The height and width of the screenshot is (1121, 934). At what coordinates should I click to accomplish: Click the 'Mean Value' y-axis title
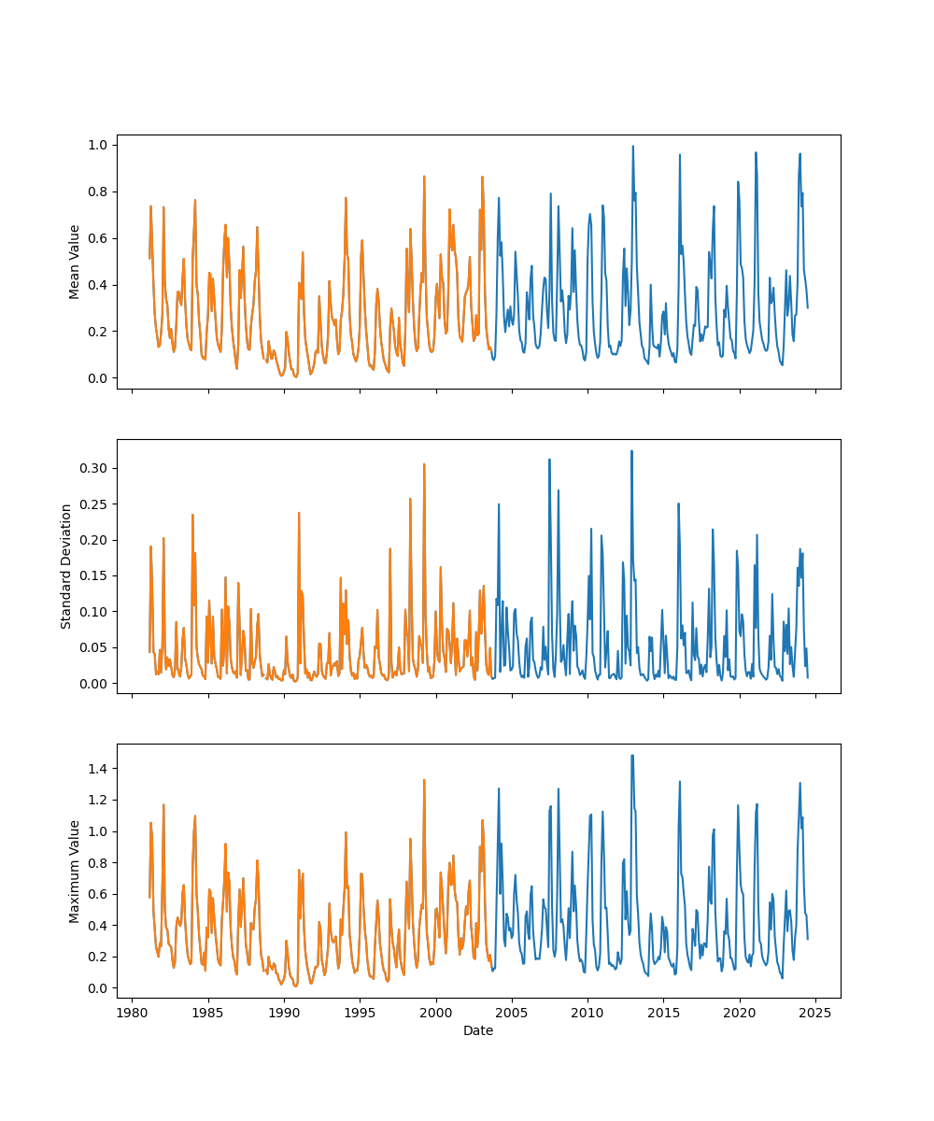pyautogui.click(x=75, y=262)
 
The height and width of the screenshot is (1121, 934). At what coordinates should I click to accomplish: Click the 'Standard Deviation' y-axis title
pyautogui.click(x=66, y=566)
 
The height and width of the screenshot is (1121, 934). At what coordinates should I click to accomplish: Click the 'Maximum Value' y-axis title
pyautogui.click(x=75, y=872)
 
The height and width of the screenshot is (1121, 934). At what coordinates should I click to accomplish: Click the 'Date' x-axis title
pyautogui.click(x=478, y=1030)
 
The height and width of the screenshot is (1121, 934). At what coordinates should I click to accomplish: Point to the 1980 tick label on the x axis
pyautogui.click(x=132, y=1013)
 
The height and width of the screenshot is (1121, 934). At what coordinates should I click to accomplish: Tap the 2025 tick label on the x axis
pyautogui.click(x=816, y=1013)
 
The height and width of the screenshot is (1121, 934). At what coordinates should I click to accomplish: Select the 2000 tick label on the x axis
pyautogui.click(x=436, y=1013)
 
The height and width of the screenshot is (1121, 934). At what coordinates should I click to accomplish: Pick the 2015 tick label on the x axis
pyautogui.click(x=664, y=1013)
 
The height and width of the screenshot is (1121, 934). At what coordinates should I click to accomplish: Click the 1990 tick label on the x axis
pyautogui.click(x=284, y=1013)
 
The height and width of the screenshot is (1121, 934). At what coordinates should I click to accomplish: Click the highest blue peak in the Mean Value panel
pyautogui.click(x=632, y=147)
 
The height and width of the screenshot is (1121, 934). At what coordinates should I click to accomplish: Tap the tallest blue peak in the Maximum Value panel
pyautogui.click(x=632, y=756)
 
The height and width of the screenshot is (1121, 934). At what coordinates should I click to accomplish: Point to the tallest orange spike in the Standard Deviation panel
pyautogui.click(x=424, y=464)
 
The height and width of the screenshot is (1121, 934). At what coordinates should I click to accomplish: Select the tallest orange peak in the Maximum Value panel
pyautogui.click(x=424, y=780)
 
